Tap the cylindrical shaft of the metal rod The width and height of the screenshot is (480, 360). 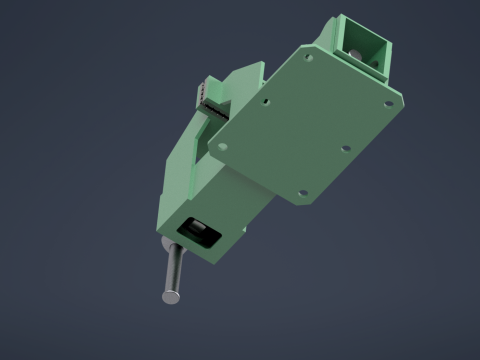point(173,272)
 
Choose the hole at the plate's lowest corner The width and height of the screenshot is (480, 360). point(298,190)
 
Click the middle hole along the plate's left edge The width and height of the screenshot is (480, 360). point(266,101)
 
